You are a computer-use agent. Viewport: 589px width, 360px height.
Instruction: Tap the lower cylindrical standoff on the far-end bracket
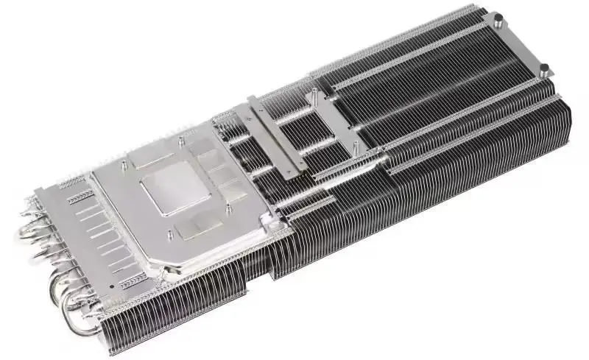pos(543,68)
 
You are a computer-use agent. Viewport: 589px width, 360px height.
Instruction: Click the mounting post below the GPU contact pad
pos(172,236)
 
